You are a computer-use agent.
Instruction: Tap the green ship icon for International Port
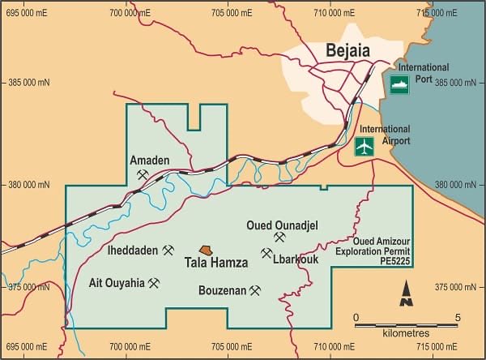point(399,84)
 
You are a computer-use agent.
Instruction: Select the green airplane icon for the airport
point(365,147)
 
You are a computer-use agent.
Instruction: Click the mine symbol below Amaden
point(143,174)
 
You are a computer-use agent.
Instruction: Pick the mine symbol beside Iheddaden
point(168,251)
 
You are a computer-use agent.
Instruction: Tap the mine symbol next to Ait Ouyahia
point(154,283)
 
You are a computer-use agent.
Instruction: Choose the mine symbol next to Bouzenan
point(255,290)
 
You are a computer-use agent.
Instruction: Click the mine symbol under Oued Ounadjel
point(280,238)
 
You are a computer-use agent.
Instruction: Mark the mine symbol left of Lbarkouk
point(266,254)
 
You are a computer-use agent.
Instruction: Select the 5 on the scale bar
point(458,317)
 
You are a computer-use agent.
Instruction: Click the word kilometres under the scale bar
point(406,333)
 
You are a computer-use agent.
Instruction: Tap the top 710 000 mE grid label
point(335,13)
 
